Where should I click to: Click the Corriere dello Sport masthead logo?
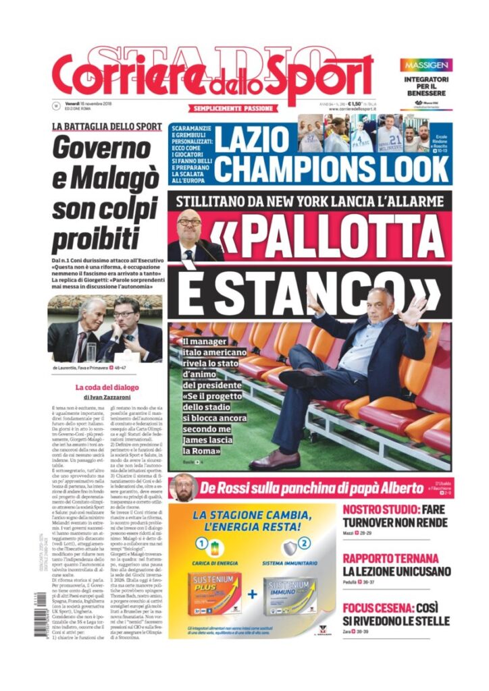pos(212,77)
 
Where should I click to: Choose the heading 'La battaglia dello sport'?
pos(107,126)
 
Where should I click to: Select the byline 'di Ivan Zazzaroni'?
pos(107,397)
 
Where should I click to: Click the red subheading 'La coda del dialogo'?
pos(107,387)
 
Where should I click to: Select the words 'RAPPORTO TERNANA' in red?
pos(390,558)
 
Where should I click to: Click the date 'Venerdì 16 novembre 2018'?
pos(88,103)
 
